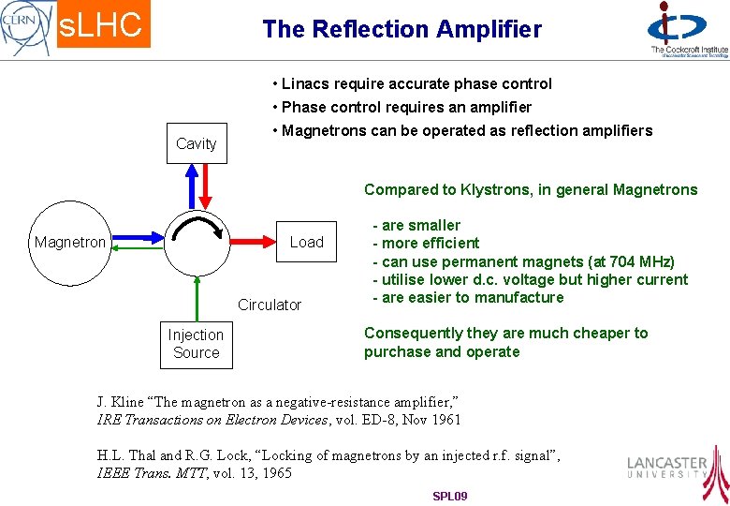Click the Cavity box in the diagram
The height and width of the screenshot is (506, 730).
(197, 143)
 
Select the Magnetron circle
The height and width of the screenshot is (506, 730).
(70, 242)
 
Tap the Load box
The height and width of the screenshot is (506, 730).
(306, 242)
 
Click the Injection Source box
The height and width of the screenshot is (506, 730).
(196, 344)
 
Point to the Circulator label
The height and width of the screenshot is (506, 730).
(270, 305)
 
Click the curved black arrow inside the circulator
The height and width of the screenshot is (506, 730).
(199, 225)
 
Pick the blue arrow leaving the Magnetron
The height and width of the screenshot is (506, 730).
(137, 242)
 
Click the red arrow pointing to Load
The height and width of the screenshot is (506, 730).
(252, 242)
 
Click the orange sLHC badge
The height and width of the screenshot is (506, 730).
(101, 25)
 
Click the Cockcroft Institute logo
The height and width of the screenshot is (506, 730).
(688, 30)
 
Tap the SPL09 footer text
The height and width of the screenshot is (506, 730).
(449, 496)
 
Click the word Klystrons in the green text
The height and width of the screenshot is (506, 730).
(496, 189)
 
